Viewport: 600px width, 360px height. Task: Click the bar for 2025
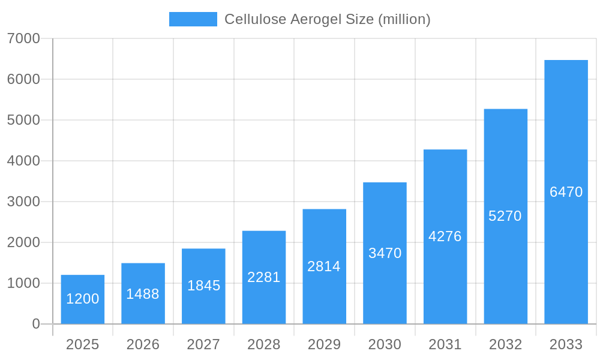(x=83, y=299)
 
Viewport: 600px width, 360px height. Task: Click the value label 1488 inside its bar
(x=143, y=294)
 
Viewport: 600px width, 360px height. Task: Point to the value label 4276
(x=445, y=236)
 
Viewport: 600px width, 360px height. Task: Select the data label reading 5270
(x=505, y=216)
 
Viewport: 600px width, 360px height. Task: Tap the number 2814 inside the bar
(x=324, y=266)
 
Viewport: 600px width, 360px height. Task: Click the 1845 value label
(x=203, y=286)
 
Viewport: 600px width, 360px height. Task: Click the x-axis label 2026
(x=143, y=344)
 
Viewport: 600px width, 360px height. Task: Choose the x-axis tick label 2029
(x=324, y=344)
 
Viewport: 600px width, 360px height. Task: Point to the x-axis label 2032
(x=505, y=344)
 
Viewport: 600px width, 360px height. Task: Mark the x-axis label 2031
(x=445, y=344)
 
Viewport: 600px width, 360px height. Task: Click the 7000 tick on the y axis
(x=23, y=38)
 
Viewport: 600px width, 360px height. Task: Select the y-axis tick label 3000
(x=23, y=202)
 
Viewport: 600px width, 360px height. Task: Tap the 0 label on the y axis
(x=36, y=324)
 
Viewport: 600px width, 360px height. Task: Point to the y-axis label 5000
(x=23, y=120)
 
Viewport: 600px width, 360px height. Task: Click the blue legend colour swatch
(x=193, y=19)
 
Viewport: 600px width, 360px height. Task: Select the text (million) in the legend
(x=404, y=19)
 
